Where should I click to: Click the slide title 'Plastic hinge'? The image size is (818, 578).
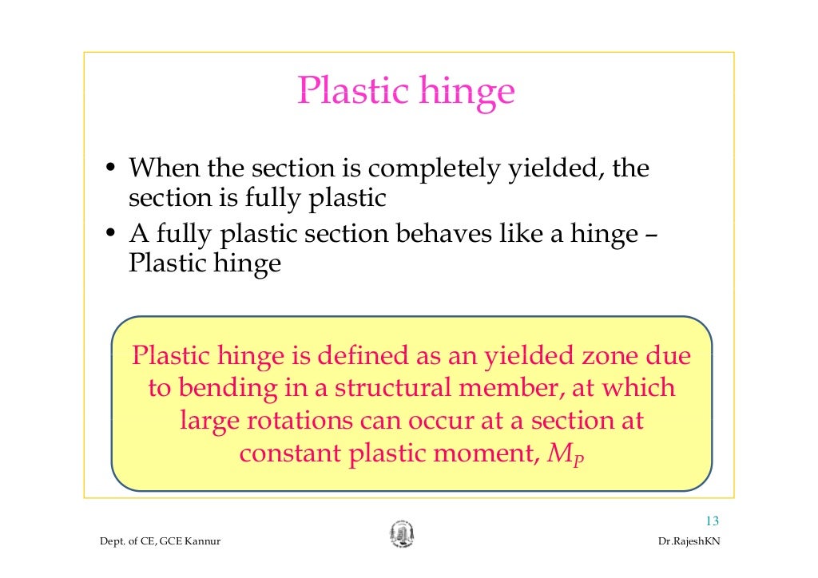pyautogui.click(x=406, y=92)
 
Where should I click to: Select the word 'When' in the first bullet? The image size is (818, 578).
pyautogui.click(x=164, y=168)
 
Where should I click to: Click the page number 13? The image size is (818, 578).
pyautogui.click(x=712, y=521)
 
